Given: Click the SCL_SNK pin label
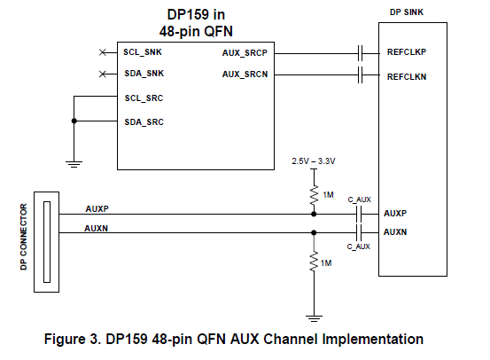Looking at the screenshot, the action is point(143,52).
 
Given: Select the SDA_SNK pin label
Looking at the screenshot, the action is point(144,74).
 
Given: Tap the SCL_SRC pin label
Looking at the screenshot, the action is point(144,98).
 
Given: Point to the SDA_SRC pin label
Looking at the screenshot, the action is point(144,122).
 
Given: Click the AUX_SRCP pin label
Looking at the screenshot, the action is point(245,53).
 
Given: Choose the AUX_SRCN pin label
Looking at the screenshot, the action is point(245,74).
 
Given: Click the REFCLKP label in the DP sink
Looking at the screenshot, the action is point(407,52).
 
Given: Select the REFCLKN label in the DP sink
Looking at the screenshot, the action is point(407,76).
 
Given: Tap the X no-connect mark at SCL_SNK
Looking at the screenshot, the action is point(103,52).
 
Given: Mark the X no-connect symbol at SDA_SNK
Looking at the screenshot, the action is point(103,74).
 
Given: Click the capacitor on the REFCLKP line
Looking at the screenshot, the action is point(360,53).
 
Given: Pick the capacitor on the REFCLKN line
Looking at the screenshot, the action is point(360,75).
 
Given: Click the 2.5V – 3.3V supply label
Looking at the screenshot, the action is point(314,161).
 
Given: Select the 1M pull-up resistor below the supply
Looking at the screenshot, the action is point(314,195).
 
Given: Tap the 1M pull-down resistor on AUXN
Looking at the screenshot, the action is point(314,262).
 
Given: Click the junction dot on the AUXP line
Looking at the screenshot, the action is point(314,215).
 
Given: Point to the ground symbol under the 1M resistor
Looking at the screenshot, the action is point(314,318).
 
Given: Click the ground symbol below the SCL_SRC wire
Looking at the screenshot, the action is point(74,165).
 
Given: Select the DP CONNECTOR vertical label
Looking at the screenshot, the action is point(24,237).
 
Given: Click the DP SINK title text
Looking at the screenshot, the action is point(407,12).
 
